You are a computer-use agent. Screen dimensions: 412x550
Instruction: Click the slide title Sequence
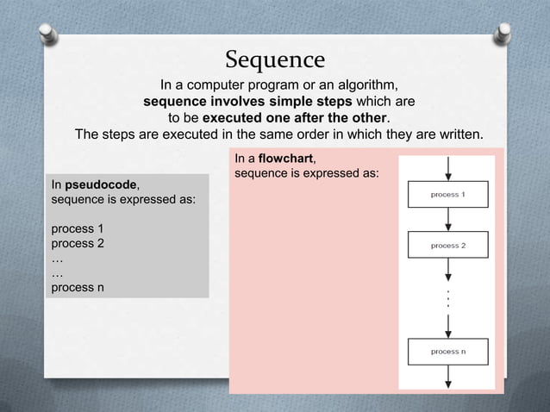[x=275, y=59]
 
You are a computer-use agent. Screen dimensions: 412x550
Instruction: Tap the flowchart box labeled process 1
[x=447, y=195]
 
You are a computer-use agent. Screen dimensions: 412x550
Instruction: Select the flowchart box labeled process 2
[x=447, y=246]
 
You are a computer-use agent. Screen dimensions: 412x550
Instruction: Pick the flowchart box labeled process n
[x=447, y=352]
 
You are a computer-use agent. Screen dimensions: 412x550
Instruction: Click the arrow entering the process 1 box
[x=447, y=168]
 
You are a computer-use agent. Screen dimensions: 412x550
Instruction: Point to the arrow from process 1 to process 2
[x=447, y=220]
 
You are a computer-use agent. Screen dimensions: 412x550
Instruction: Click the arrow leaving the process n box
[x=447, y=377]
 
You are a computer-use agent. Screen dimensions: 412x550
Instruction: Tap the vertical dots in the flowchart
[x=447, y=300]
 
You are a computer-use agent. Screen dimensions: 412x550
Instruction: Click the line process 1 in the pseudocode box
[x=78, y=228]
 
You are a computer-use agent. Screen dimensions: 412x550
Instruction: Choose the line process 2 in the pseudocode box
[x=78, y=243]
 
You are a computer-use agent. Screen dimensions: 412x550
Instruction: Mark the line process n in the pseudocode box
[x=78, y=287]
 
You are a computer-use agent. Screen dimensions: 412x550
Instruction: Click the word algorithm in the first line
[x=363, y=85]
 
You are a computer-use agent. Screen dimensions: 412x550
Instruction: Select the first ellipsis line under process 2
[x=58, y=258]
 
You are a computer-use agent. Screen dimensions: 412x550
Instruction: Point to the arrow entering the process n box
[x=447, y=326]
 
